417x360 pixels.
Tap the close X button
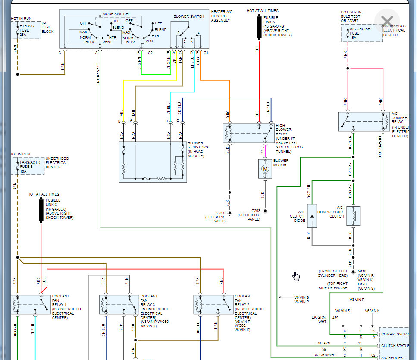click(x=387, y=22)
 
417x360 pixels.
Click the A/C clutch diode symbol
click(x=312, y=216)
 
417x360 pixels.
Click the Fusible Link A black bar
click(x=259, y=27)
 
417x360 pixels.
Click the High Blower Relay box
click(x=249, y=133)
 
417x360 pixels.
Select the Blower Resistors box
click(x=153, y=162)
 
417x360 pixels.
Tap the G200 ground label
click(x=221, y=213)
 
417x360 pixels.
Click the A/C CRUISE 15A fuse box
click(x=361, y=33)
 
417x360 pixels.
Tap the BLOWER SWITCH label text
click(x=188, y=16)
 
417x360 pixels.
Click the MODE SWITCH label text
click(x=112, y=14)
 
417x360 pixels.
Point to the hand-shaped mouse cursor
click(x=296, y=276)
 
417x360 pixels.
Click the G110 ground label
click(x=363, y=271)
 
